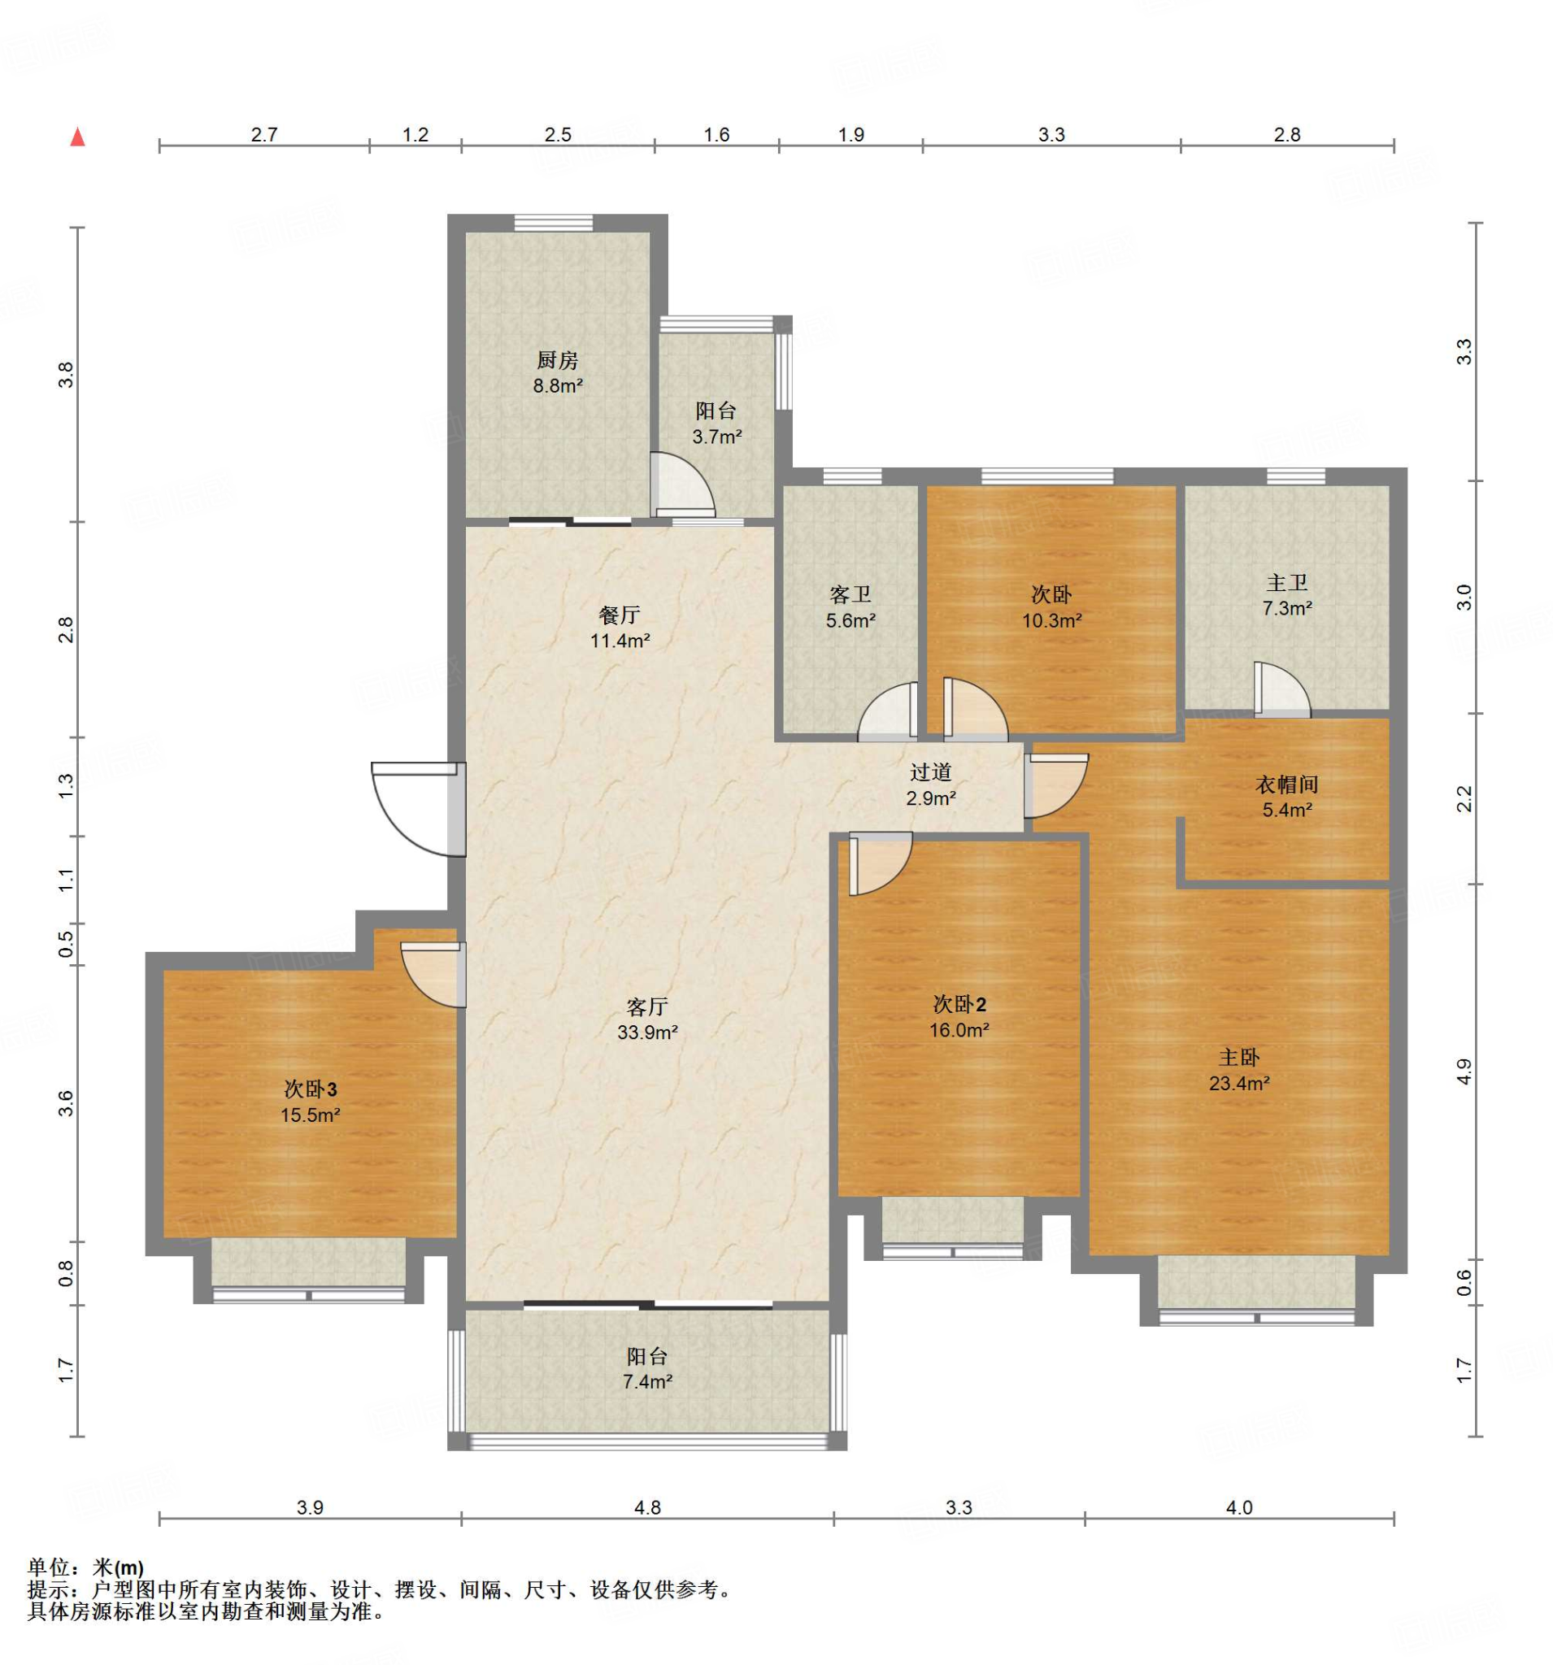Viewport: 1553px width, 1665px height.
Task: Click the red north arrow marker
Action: coord(78,137)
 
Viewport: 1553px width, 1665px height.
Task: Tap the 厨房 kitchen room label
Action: coord(557,360)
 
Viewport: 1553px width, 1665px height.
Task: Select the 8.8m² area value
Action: coord(558,386)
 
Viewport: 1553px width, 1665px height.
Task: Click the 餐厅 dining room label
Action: coord(620,615)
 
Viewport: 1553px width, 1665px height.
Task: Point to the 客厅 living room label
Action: coord(647,1006)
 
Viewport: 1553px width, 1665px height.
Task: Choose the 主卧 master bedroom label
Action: coord(1239,1057)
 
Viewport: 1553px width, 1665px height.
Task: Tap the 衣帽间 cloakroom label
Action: coord(1287,784)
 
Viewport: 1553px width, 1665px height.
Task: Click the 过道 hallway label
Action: coord(931,772)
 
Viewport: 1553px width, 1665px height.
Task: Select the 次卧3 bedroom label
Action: coord(310,1089)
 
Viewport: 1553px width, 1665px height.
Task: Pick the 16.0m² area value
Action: coord(959,1030)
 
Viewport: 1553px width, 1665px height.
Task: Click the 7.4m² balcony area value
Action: coord(647,1381)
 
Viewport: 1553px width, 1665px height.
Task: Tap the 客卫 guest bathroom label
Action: coord(850,594)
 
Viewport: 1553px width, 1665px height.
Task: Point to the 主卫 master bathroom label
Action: coord(1287,582)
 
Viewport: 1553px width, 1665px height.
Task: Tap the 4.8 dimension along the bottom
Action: coord(647,1507)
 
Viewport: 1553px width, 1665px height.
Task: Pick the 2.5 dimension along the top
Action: coord(558,135)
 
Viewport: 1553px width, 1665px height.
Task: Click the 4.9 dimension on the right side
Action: coord(1464,1073)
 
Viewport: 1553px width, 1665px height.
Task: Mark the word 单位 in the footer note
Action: coord(48,1567)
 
